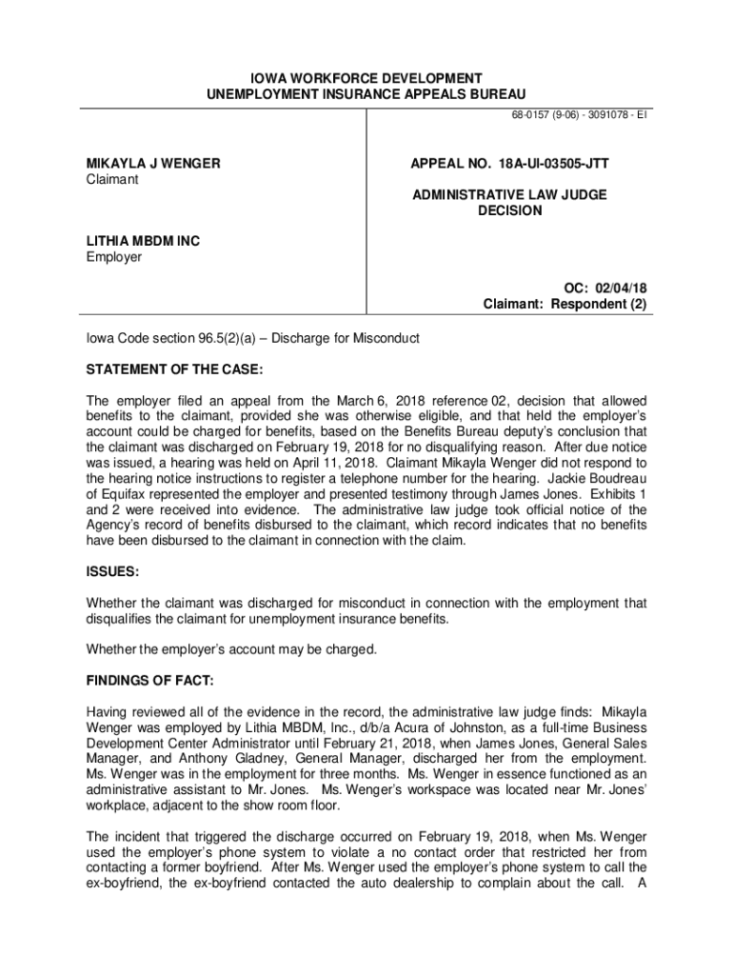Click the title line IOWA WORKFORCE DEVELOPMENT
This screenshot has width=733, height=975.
(366, 77)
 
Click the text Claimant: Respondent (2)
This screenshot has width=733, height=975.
(565, 305)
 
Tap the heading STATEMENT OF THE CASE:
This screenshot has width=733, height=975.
(174, 368)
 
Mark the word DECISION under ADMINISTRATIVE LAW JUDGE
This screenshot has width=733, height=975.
(509, 210)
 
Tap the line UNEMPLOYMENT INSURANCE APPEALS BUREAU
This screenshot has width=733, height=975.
(366, 92)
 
